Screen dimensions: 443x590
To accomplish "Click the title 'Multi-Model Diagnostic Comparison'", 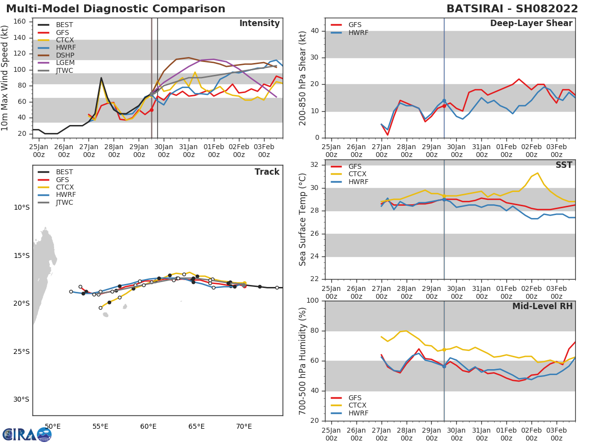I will coord(116,9).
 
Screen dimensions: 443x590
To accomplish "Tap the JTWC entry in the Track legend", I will coord(64,202).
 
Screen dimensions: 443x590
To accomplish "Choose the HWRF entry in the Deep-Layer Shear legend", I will coord(358,33).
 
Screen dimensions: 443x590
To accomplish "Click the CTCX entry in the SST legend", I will coord(357,174).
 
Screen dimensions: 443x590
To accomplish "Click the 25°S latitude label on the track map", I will coord(22,351).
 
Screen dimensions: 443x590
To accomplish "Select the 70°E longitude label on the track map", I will coord(244,426).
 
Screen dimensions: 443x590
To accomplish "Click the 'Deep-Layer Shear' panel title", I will coord(531,24).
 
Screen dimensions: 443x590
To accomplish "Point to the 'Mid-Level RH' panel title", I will coord(542,307).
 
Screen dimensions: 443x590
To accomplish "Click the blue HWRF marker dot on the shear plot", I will coord(444,101).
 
